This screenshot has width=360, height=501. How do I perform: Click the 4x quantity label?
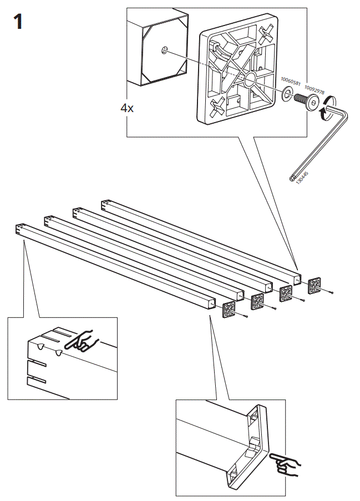[127, 108]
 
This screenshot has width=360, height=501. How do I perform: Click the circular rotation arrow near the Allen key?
[331, 107]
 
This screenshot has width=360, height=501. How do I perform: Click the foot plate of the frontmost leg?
[230, 310]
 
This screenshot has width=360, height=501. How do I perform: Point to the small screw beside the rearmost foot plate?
[331, 292]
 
